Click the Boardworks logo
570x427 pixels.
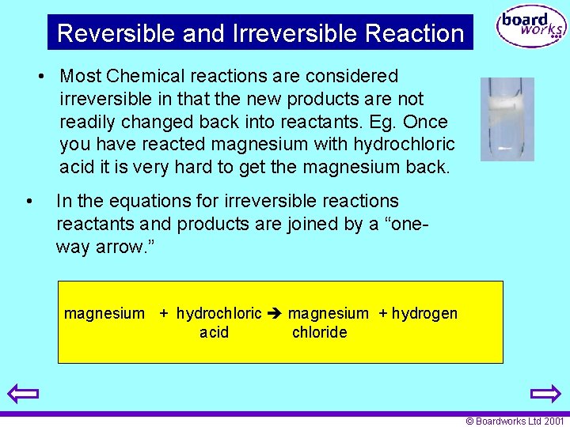pos(531,28)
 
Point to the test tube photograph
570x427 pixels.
pos(507,119)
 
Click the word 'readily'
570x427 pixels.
pos(86,122)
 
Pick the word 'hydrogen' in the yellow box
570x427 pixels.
pos(424,314)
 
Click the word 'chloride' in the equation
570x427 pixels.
pos(319,332)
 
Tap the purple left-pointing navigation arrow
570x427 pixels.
pos(24,393)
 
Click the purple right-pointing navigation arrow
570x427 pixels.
pos(545,393)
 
